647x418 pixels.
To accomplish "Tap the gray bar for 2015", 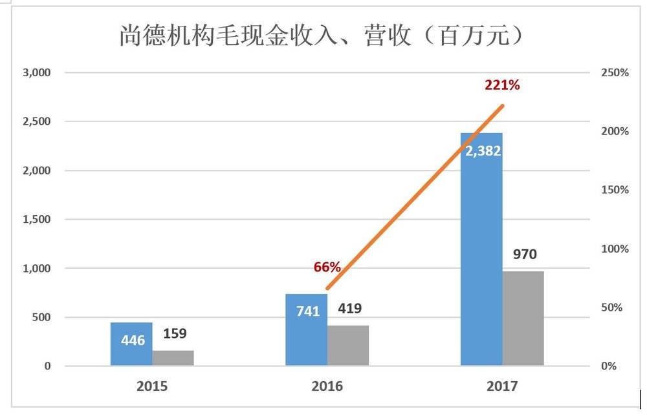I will [173, 358].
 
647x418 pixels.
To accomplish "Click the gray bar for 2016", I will [348, 346].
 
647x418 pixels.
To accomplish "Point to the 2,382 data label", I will [483, 151].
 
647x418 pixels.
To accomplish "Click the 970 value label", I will [524, 255].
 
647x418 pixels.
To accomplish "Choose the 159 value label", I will [174, 334].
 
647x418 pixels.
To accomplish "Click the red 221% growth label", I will [502, 85].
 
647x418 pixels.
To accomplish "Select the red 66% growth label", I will [327, 267].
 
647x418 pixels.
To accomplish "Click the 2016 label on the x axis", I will [327, 386].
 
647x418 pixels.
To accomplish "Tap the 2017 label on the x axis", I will [501, 386].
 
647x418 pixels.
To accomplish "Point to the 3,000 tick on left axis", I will [37, 72].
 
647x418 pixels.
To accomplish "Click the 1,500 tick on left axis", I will [37, 220].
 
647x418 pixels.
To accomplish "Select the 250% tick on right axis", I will [614, 72].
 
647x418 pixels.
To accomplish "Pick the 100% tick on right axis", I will [614, 249].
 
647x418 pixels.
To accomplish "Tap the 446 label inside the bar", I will [133, 340].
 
